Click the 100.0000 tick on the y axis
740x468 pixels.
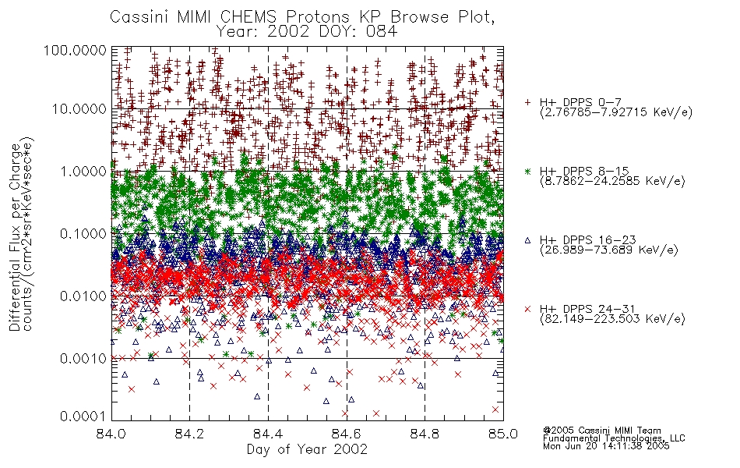pyautogui.click(x=75, y=50)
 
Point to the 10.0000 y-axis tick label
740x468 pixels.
pyautogui.click(x=79, y=109)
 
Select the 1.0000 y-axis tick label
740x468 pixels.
pyautogui.click(x=83, y=171)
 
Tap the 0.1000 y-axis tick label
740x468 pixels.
pyautogui.click(x=83, y=233)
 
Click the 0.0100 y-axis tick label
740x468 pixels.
pyautogui.click(x=83, y=296)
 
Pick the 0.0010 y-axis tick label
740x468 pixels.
pyautogui.click(x=83, y=358)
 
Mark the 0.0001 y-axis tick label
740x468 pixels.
pyautogui.click(x=83, y=416)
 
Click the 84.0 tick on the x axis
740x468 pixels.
pyautogui.click(x=111, y=434)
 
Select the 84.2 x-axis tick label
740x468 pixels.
pyautogui.click(x=190, y=434)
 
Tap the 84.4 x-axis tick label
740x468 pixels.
pyautogui.click(x=268, y=434)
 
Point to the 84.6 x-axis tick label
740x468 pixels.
pyautogui.click(x=347, y=434)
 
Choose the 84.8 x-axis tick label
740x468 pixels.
pyautogui.click(x=425, y=434)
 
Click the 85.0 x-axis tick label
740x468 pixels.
pyautogui.click(x=503, y=434)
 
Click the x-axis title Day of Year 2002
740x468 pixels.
pyautogui.click(x=307, y=449)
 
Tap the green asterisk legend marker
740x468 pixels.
pyautogui.click(x=527, y=171)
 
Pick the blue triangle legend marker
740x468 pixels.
pyautogui.click(x=527, y=240)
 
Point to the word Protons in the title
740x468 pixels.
pyautogui.click(x=317, y=17)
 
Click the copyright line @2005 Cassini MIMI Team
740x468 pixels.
pyautogui.click(x=601, y=431)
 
